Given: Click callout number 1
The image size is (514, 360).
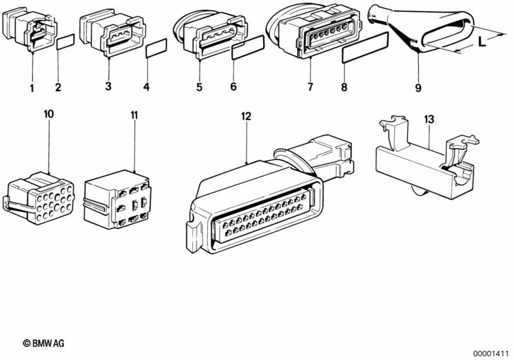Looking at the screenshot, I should pos(32,88).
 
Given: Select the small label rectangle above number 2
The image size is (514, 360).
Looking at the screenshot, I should pos(65,41).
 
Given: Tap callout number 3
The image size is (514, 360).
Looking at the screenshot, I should pos(108,86).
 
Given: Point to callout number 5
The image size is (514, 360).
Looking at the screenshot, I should pos(199,87).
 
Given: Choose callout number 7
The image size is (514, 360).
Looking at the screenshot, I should pos(310,87).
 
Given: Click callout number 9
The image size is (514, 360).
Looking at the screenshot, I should pos(418,88).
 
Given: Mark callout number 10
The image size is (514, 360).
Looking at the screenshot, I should pos(49,114).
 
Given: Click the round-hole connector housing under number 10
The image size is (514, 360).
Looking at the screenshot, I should pos(40,197).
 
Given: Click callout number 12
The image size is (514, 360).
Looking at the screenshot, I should pos(246,117).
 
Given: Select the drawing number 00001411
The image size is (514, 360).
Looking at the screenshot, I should pos(491,353).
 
